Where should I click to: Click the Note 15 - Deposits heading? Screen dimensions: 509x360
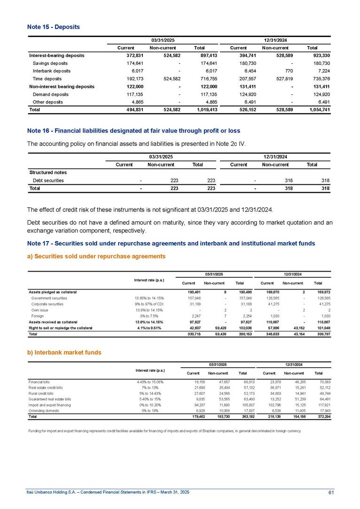click(54, 27)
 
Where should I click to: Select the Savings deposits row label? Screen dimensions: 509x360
click(50, 63)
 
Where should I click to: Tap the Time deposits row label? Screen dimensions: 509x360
click(47, 79)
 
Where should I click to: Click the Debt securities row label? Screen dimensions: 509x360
click(48, 180)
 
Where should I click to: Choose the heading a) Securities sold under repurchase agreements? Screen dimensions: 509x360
click(96, 256)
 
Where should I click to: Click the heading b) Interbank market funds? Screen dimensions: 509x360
click(64, 352)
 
